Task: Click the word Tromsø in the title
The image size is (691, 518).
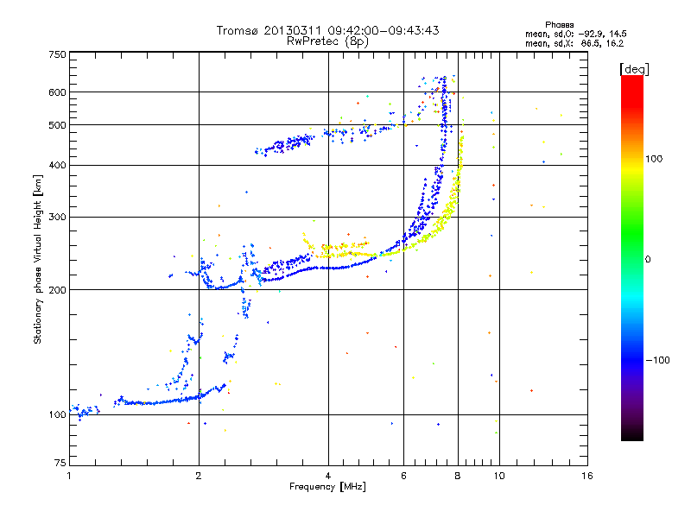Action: click(x=238, y=30)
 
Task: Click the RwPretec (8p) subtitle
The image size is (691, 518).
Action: click(x=327, y=41)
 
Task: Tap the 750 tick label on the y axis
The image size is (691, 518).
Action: click(x=58, y=54)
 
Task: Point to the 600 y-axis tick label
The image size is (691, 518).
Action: click(x=58, y=92)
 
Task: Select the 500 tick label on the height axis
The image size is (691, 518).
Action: click(x=58, y=125)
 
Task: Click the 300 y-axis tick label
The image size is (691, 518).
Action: click(x=58, y=218)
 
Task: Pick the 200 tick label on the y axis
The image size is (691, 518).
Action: click(x=58, y=290)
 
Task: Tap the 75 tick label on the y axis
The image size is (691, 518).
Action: click(x=60, y=463)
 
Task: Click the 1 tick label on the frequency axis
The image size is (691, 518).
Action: click(x=69, y=476)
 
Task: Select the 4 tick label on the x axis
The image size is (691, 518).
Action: click(x=328, y=476)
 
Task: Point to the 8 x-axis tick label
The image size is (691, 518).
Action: click(x=458, y=476)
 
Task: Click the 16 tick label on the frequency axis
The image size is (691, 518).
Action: click(x=587, y=476)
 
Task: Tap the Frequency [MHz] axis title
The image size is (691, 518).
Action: click(x=327, y=487)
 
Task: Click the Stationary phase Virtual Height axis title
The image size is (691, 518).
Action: click(x=37, y=259)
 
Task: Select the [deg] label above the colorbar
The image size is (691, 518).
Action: click(x=634, y=69)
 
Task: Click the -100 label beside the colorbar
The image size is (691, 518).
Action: click(x=658, y=360)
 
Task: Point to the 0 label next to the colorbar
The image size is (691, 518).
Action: click(x=648, y=260)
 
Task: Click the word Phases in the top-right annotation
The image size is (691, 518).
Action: click(x=560, y=25)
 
